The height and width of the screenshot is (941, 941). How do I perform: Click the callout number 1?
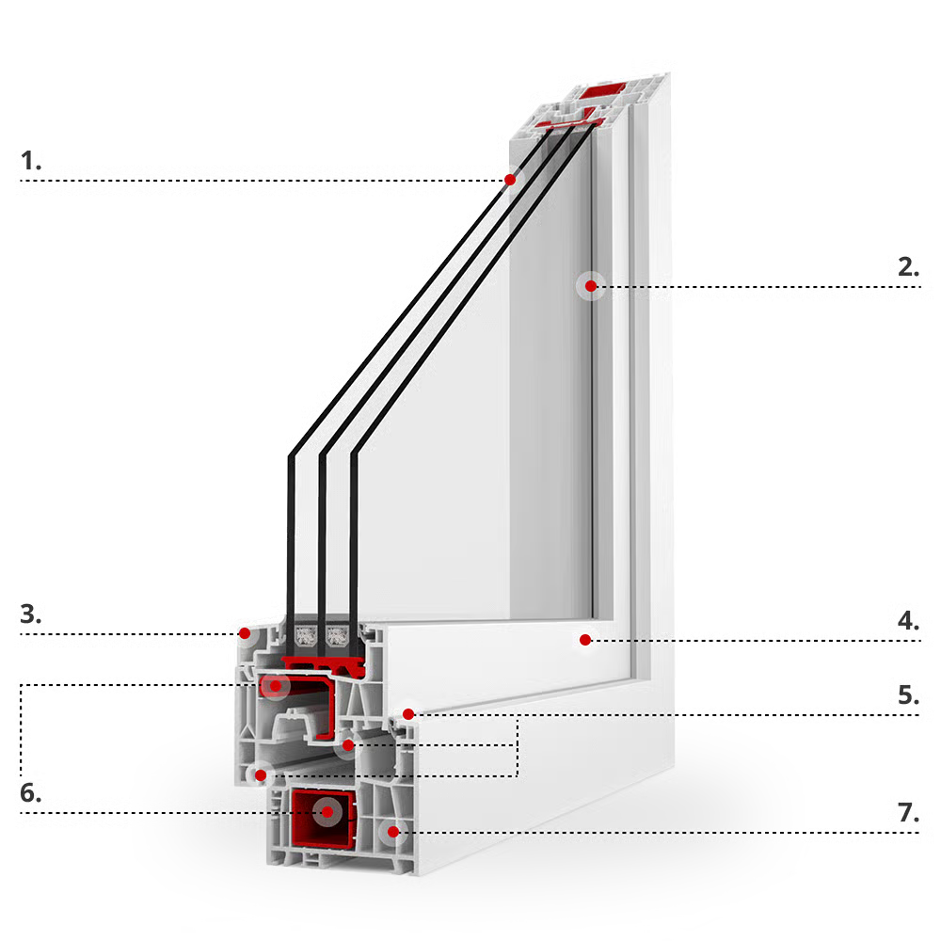(31, 161)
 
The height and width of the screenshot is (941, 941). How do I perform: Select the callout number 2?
(908, 267)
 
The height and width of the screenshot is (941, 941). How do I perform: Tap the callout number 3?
(31, 614)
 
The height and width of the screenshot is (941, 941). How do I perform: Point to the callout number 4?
(908, 620)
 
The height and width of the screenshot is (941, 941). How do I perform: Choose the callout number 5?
(908, 695)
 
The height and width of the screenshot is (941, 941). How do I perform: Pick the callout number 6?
(31, 793)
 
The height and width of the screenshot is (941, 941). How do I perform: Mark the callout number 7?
(908, 813)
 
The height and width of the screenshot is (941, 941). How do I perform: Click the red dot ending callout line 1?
(510, 180)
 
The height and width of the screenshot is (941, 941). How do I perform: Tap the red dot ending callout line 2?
(591, 286)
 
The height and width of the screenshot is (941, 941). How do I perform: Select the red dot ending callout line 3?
(245, 633)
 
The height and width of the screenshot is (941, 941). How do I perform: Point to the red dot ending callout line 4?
(585, 640)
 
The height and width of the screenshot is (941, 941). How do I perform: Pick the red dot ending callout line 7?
(393, 832)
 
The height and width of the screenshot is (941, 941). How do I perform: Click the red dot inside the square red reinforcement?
(327, 813)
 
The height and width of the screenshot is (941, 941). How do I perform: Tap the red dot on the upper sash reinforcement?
(276, 685)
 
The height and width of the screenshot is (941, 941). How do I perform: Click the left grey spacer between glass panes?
(306, 636)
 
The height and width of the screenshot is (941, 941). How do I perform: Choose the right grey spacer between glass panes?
(337, 636)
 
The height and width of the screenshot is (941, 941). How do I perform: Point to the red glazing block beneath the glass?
(323, 663)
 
